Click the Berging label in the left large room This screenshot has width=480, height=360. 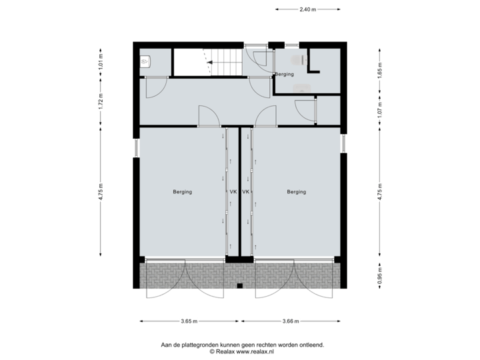pyautogui.click(x=183, y=192)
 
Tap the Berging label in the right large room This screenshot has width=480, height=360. pyautogui.click(x=297, y=192)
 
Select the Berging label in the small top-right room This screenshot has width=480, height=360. pyautogui.click(x=285, y=75)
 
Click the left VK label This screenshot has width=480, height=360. pyautogui.click(x=233, y=192)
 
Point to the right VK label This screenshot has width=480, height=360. pyautogui.click(x=246, y=192)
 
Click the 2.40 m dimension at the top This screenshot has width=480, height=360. pyautogui.click(x=307, y=9)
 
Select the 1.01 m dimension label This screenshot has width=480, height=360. pyautogui.click(x=101, y=62)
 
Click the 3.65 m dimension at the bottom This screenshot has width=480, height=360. pyautogui.click(x=189, y=321)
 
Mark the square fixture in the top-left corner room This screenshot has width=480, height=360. pyautogui.click(x=147, y=61)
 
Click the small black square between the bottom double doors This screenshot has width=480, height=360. pyautogui.click(x=239, y=287)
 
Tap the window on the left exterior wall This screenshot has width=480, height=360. pyautogui.click(x=136, y=147)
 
